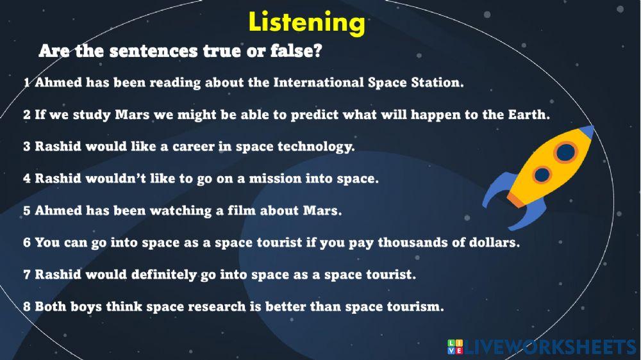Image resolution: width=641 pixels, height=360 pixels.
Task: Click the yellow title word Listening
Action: (x=306, y=22)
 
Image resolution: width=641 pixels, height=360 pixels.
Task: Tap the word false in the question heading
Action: (x=292, y=51)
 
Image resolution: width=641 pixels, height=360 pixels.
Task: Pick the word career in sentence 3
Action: (x=172, y=147)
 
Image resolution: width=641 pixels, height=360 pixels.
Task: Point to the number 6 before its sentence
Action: (x=27, y=243)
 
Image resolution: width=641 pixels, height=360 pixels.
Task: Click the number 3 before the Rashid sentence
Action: (x=27, y=147)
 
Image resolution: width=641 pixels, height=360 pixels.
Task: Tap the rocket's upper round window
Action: (x=565, y=152)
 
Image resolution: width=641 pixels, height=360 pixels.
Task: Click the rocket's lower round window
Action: (x=542, y=174)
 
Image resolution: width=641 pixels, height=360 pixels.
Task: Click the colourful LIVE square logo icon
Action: (x=454, y=347)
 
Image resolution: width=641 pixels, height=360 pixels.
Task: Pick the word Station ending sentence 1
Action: (x=438, y=83)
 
